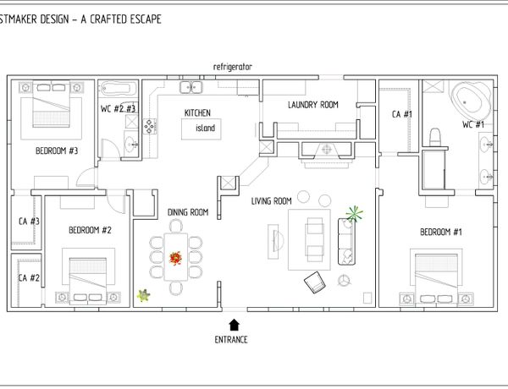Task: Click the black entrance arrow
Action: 234,325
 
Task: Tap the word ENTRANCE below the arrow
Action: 231,339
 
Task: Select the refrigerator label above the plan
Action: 232,67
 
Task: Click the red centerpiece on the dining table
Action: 175,259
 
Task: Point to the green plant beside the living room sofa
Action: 354,214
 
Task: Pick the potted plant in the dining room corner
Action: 143,295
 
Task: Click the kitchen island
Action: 202,129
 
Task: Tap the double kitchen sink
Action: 191,87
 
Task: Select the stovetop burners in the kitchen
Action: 149,126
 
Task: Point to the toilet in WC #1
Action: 435,137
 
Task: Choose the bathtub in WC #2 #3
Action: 119,88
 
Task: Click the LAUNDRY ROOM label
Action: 313,105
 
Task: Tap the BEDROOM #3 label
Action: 57,151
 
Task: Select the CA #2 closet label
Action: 29,277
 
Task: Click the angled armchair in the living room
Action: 315,282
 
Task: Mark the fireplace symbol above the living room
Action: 327,150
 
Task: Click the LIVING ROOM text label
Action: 272,201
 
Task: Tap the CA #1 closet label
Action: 402,114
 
